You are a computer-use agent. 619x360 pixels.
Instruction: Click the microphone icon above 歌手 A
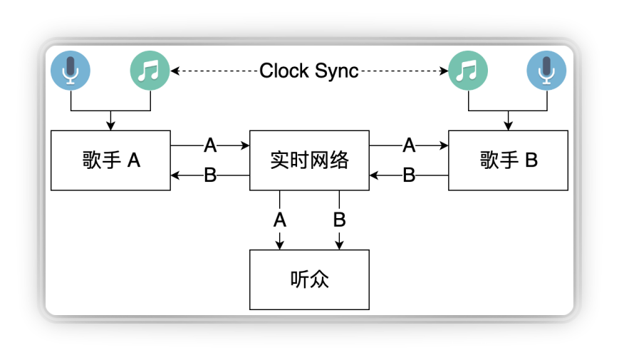coord(71,71)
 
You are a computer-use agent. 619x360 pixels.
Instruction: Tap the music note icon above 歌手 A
coord(150,71)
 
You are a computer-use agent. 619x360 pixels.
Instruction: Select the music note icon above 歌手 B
coord(468,71)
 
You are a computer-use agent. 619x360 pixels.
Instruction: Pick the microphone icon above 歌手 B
coord(547,71)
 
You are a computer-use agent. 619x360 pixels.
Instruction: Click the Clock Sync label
coord(308,71)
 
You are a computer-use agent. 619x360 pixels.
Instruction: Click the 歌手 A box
coord(110,160)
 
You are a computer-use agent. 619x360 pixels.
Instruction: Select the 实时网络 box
coord(309,160)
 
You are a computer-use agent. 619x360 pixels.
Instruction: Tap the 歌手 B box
coord(509,160)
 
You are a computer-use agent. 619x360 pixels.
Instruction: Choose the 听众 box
coord(309,279)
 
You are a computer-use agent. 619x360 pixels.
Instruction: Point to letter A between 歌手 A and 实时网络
coord(210,145)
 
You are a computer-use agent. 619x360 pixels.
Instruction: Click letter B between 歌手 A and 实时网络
coord(210,175)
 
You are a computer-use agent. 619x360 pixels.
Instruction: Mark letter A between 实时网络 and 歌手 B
coord(409,145)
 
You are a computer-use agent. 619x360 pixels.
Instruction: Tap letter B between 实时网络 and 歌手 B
coord(409,175)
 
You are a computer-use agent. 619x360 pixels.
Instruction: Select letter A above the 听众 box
coord(280,220)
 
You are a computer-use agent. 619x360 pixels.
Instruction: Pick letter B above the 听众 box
coord(340,220)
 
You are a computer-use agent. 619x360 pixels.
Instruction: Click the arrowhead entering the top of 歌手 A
coord(110,126)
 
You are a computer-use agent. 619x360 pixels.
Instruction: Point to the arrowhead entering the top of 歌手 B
coord(509,126)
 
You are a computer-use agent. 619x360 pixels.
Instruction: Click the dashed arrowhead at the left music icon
coord(175,71)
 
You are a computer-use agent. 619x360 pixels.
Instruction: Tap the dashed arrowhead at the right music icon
coord(444,71)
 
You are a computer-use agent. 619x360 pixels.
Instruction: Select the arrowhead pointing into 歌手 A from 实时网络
coord(175,175)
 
